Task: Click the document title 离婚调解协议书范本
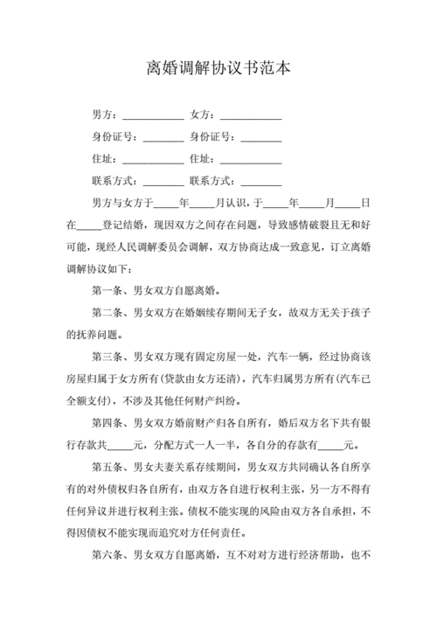218,68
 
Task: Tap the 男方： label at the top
105,115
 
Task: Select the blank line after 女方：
251,116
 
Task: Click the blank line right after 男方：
153,116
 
